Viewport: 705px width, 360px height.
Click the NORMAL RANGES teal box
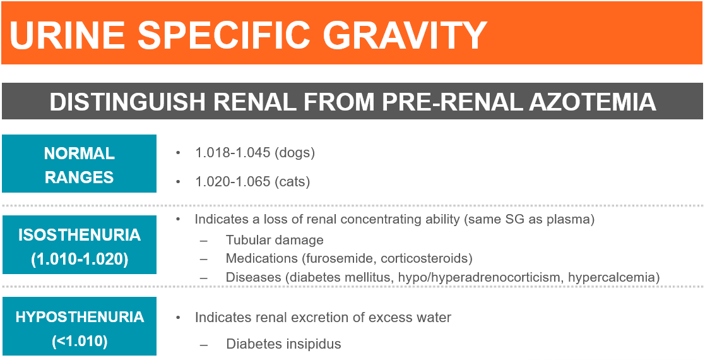(79, 164)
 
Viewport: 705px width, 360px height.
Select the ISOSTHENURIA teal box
(79, 245)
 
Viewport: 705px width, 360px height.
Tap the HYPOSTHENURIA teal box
(79, 327)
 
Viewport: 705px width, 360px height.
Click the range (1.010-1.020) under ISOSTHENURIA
(80, 260)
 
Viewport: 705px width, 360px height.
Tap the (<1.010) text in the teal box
(80, 341)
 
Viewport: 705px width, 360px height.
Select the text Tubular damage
(275, 240)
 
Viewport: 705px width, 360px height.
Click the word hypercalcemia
(613, 278)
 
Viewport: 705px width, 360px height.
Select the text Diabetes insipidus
(284, 344)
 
